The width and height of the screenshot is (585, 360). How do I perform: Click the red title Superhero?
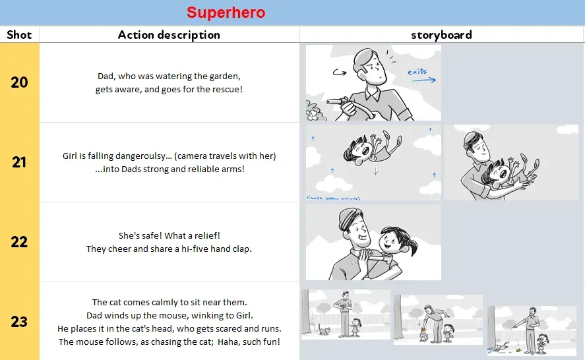[x=226, y=13]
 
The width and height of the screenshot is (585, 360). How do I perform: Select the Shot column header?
[x=19, y=35]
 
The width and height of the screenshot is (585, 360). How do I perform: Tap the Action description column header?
[x=169, y=35]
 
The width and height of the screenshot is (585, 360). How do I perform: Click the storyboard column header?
[x=441, y=35]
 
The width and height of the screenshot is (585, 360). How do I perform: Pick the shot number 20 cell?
[x=19, y=82]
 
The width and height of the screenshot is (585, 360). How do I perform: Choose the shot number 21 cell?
[x=19, y=162]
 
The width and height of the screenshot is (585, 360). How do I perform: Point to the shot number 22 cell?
[x=19, y=242]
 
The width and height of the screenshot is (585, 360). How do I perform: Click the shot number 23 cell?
[x=19, y=322]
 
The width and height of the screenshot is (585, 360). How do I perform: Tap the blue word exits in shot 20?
[x=417, y=71]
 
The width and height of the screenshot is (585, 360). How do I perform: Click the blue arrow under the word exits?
[x=422, y=80]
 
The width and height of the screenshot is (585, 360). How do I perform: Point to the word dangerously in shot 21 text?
[x=129, y=156]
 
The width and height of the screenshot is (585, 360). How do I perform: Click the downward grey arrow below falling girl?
[x=375, y=171]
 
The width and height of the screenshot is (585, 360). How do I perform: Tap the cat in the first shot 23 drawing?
[x=323, y=329]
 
